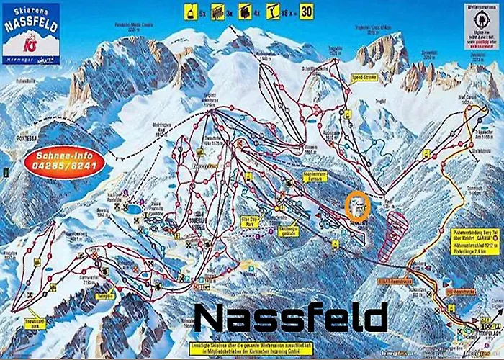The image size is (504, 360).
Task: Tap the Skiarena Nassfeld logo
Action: [30, 32]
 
